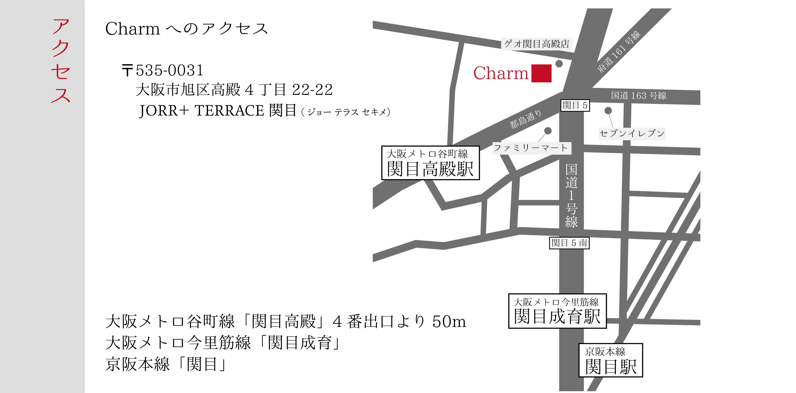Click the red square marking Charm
[x=541, y=73]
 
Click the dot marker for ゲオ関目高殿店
[x=559, y=64]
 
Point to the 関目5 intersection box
[x=575, y=105]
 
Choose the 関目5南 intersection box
[x=569, y=243]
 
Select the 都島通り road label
[x=525, y=119]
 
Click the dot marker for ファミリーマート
[x=548, y=131]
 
